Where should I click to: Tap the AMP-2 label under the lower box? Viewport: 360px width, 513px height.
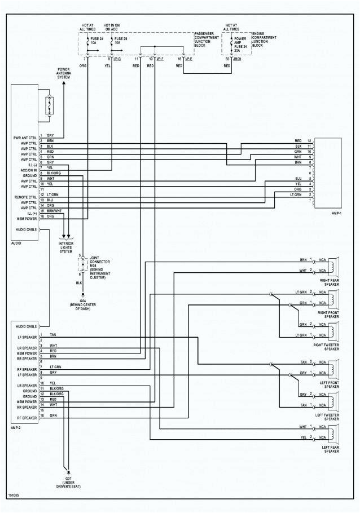coord(16,428)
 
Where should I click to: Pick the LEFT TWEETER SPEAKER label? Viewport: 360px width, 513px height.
coord(327,417)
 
